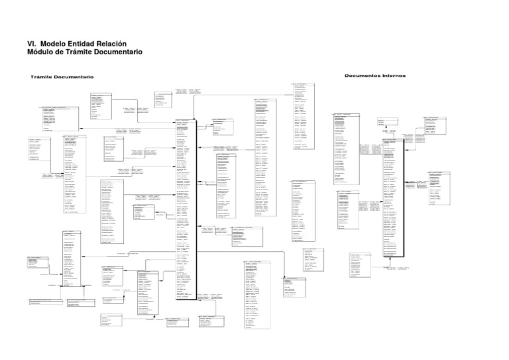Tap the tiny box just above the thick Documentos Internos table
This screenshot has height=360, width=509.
coord(384,122)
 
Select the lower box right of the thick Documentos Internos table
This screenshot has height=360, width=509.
coord(438,188)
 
